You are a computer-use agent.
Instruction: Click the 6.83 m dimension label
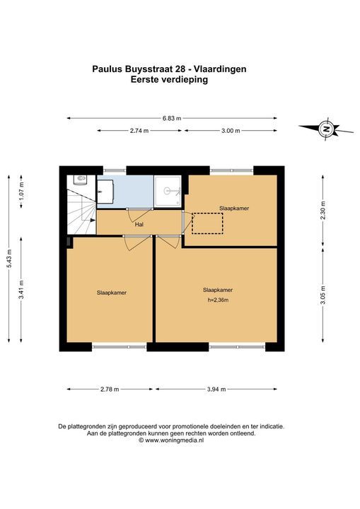click(172, 118)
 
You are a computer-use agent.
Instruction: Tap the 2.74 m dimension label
click(139, 131)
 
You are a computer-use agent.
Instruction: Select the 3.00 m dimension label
click(231, 131)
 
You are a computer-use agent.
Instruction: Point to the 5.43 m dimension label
click(9, 259)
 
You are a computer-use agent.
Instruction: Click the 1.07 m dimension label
click(21, 192)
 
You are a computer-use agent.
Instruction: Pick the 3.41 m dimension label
click(21, 289)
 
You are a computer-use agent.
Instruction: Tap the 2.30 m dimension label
click(323, 211)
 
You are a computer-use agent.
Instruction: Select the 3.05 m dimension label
click(323, 295)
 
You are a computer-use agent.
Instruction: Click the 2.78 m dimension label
click(110, 390)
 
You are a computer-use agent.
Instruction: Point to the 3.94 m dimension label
click(216, 390)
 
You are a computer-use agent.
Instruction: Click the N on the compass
click(326, 129)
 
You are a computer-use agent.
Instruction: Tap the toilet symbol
click(80, 179)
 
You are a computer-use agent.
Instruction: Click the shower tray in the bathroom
click(168, 191)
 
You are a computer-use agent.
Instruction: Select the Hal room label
click(139, 224)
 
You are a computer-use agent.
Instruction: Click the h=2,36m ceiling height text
click(218, 300)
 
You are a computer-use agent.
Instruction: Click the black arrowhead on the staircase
click(93, 220)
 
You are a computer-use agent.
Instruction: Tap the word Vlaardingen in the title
click(220, 69)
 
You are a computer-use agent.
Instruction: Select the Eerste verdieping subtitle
click(169, 79)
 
